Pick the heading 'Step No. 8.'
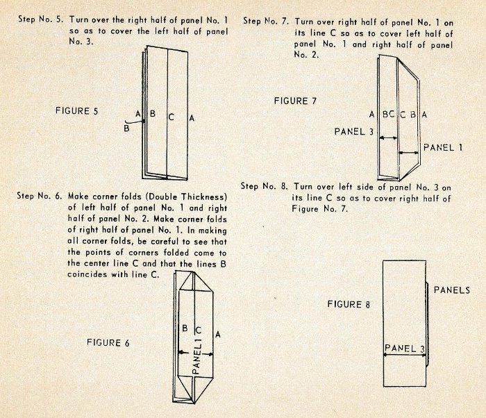tap(264, 186)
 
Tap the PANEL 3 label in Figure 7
tap(355, 130)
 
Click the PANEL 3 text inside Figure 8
tap(405, 346)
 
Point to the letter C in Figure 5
tap(170, 117)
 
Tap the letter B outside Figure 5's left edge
tap(126, 127)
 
